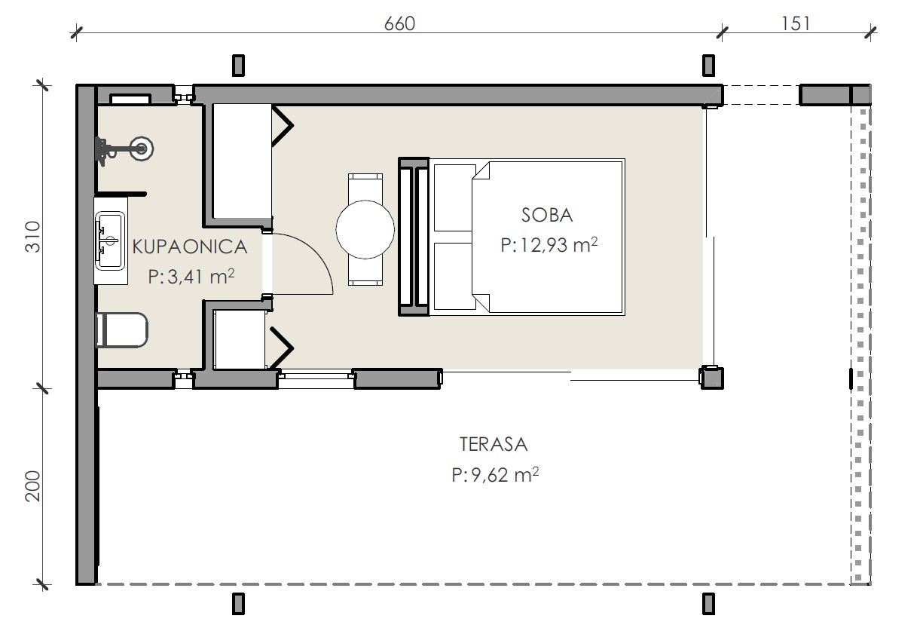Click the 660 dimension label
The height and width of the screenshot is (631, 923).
(x=399, y=24)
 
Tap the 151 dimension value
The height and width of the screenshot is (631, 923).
(x=796, y=23)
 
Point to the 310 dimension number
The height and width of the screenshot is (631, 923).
(x=33, y=237)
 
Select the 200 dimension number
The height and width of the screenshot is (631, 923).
(x=33, y=486)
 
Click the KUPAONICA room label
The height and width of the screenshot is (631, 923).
(x=190, y=247)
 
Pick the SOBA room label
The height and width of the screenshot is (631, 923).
(x=547, y=215)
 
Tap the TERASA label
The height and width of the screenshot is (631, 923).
(x=494, y=444)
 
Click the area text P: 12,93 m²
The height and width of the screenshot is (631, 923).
(x=549, y=245)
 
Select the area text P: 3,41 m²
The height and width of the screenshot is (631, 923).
(x=191, y=276)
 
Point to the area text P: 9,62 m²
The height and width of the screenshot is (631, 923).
(x=495, y=474)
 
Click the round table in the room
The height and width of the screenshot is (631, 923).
(x=365, y=230)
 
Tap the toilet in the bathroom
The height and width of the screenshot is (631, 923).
(x=122, y=329)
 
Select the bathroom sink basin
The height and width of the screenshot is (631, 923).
(x=110, y=240)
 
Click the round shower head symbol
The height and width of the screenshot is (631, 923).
(x=142, y=149)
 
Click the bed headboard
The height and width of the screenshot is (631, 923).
(x=414, y=237)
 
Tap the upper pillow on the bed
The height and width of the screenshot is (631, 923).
(x=453, y=198)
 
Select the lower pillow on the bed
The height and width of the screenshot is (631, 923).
(x=454, y=276)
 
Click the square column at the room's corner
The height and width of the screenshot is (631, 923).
(x=711, y=378)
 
